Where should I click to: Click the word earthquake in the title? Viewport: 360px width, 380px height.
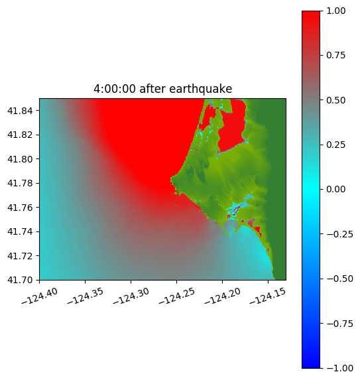tap(200, 89)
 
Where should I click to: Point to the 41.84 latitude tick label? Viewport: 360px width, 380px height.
tap(20, 111)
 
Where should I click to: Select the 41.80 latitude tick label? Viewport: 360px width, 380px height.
tap(20, 159)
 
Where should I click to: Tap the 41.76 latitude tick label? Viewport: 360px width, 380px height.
tap(20, 208)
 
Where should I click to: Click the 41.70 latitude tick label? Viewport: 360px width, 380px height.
tap(20, 280)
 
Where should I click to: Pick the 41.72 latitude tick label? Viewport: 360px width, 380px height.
tap(20, 256)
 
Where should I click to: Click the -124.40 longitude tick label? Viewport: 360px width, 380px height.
tap(40, 296)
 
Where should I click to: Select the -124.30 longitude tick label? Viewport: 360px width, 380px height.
tap(131, 296)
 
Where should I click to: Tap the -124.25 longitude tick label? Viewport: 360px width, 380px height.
tap(177, 296)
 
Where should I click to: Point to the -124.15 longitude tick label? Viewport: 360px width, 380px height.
tap(268, 296)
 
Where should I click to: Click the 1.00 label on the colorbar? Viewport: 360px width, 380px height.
tap(335, 11)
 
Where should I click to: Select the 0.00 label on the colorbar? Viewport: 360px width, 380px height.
tap(335, 189)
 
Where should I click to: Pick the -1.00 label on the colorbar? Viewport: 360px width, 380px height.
tap(339, 368)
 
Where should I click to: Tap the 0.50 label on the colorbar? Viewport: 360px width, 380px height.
tap(335, 100)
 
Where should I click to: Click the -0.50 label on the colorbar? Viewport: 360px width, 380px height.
tap(339, 279)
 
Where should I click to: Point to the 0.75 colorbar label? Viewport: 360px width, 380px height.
tap(335, 56)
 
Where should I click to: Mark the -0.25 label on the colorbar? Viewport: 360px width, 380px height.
tap(339, 234)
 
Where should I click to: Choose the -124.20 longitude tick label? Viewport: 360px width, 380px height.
tap(222, 296)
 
